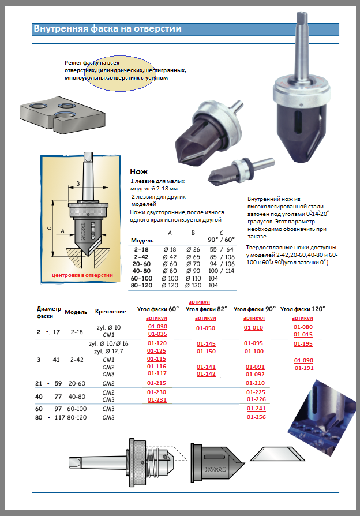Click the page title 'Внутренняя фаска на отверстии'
[x=107, y=28]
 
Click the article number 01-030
[x=157, y=327]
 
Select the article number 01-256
[x=256, y=417]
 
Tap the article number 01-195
[x=303, y=343]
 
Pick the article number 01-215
[x=157, y=383]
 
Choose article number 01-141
[x=206, y=367]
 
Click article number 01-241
[x=256, y=408]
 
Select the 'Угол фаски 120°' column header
[x=303, y=309]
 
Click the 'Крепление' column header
[x=110, y=312]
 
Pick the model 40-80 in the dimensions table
[x=141, y=270]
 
